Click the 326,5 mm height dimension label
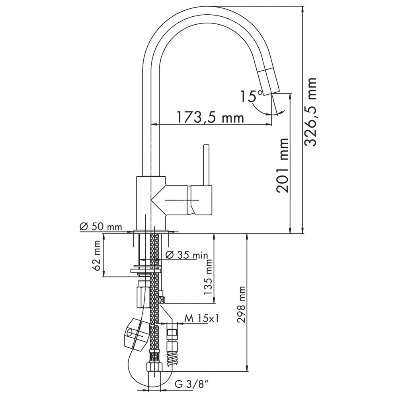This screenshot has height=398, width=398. coord(310,112)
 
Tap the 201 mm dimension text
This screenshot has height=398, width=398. coord(283,166)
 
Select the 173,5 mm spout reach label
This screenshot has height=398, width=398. coord(210,117)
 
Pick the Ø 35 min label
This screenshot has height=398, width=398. coord(186,255)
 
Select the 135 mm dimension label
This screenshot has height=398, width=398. coord(208,277)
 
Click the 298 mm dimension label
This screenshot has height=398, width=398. coord(241,304)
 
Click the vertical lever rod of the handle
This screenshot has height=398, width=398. coord(206,165)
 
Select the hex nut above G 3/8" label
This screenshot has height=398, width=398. coord(154,367)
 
